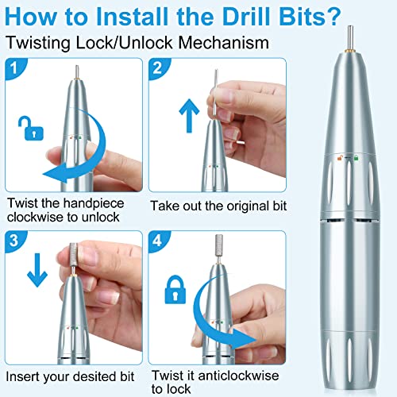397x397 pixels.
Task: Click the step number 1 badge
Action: click(x=13, y=67)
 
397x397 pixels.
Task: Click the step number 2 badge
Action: click(x=158, y=67)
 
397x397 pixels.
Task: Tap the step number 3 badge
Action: click(x=13, y=241)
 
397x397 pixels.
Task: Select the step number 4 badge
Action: click(x=158, y=241)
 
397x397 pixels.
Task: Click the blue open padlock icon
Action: click(x=31, y=129)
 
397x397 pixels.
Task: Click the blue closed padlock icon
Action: click(x=175, y=289)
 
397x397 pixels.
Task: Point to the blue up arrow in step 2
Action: click(x=189, y=116)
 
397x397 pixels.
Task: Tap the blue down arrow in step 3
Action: click(x=37, y=270)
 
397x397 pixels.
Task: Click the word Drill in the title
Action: click(x=245, y=17)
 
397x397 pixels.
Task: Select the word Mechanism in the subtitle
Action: click(x=224, y=43)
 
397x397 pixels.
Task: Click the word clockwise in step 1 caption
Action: click(x=35, y=217)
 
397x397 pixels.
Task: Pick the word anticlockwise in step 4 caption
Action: click(x=238, y=376)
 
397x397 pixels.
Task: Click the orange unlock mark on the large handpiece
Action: click(x=340, y=158)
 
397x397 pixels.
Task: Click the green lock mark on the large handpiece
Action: click(x=356, y=158)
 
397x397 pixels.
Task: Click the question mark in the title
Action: click(x=332, y=17)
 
